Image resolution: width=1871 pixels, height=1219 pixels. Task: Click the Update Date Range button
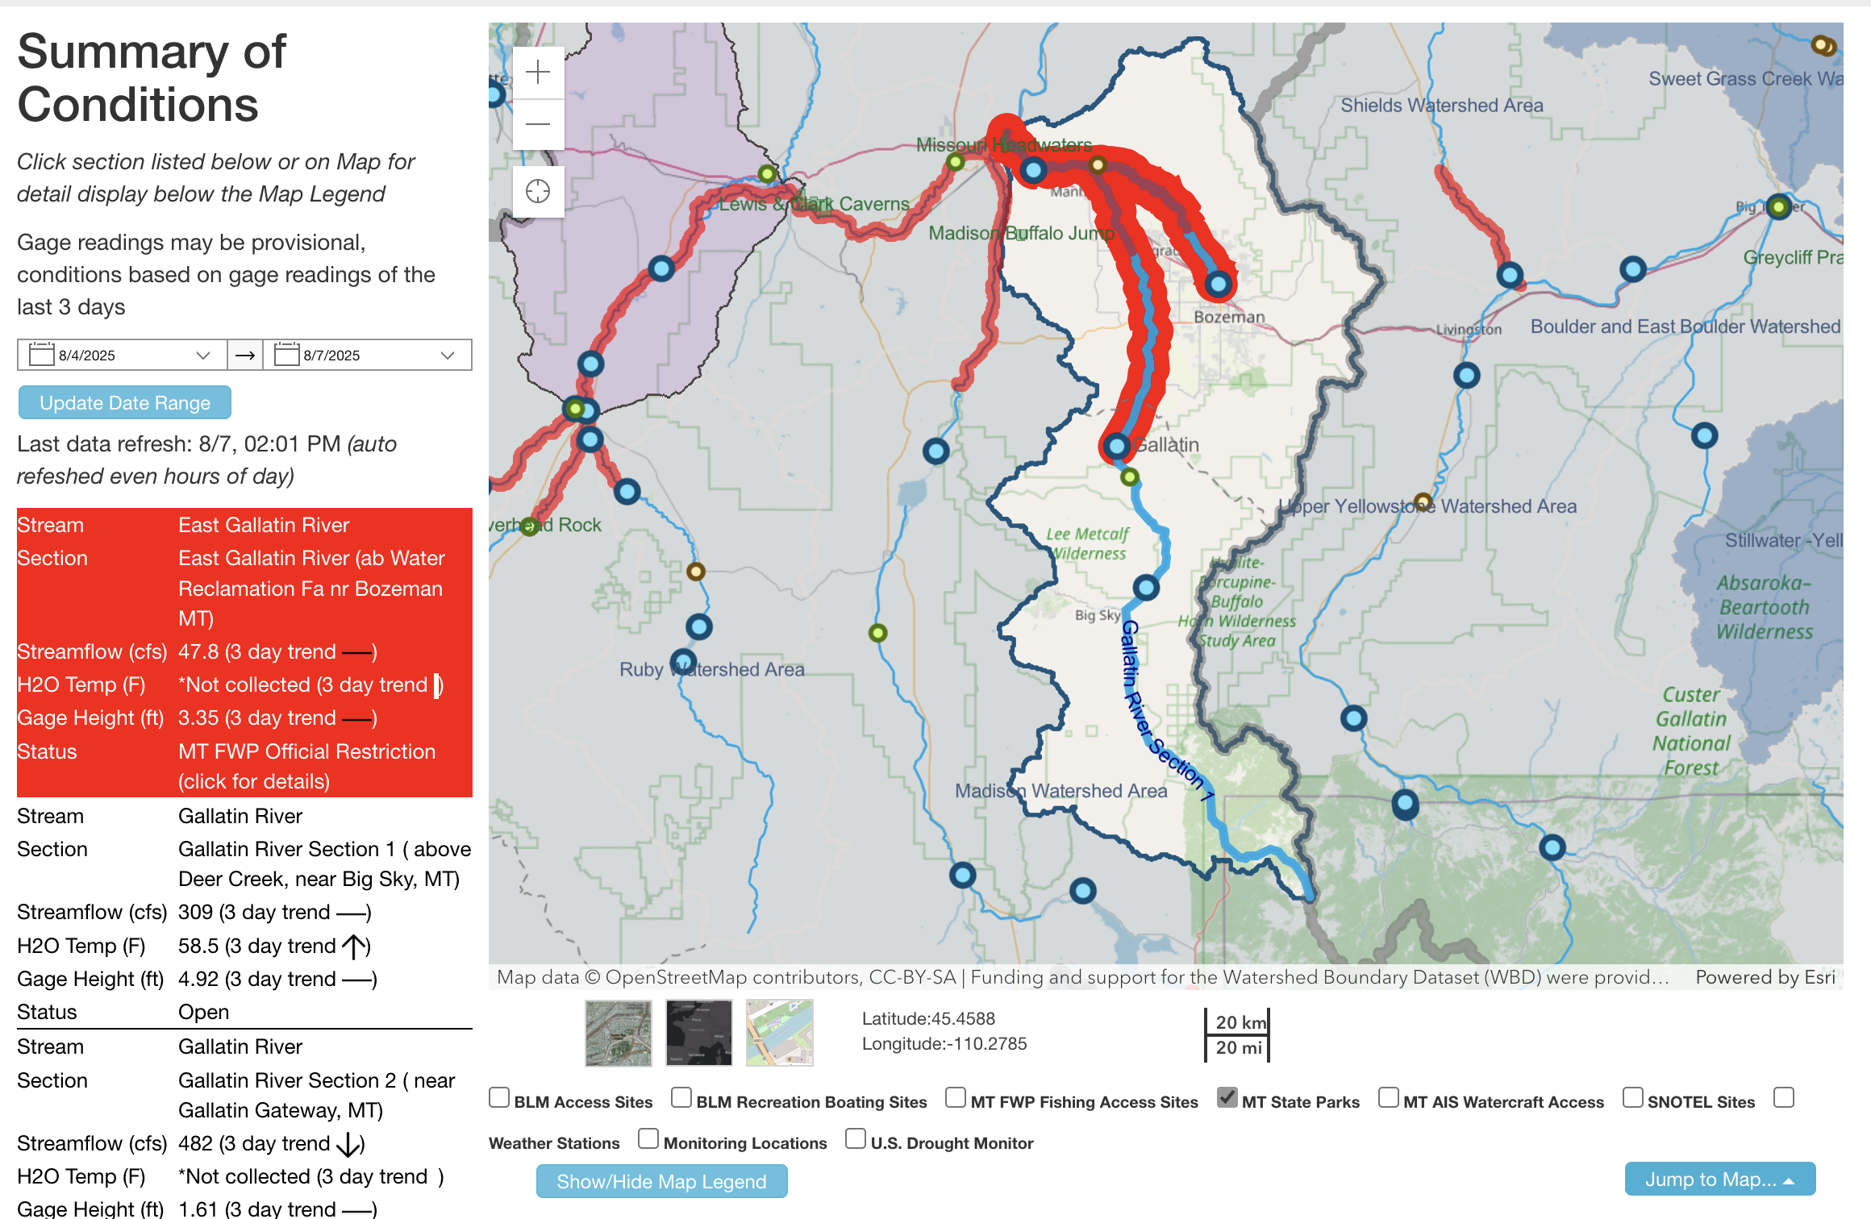tap(125, 402)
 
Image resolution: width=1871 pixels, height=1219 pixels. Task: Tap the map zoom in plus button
tap(538, 73)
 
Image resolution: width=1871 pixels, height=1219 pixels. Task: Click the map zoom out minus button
tap(538, 124)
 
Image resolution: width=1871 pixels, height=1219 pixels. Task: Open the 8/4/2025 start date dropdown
tap(202, 356)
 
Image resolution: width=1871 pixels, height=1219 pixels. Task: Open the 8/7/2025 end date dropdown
tap(448, 356)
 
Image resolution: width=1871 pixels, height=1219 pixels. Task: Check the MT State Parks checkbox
tap(1227, 1097)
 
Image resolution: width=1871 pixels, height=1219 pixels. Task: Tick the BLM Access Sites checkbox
tap(499, 1097)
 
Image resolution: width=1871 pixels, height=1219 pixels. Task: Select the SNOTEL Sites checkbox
tap(1632, 1097)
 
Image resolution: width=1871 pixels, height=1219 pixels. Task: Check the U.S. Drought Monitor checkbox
tap(855, 1138)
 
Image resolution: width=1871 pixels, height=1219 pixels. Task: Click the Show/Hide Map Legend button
tap(661, 1181)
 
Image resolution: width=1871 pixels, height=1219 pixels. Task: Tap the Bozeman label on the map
tap(1229, 317)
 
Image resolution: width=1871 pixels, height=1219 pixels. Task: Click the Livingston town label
tap(1469, 329)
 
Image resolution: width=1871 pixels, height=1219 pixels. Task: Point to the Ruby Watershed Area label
tap(711, 669)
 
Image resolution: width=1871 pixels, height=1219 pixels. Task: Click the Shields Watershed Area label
tap(1441, 106)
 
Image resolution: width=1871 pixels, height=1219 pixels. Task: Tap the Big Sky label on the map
tap(1097, 615)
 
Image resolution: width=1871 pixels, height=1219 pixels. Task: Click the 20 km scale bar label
tap(1240, 1022)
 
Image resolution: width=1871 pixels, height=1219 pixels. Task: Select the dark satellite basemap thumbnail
tap(698, 1033)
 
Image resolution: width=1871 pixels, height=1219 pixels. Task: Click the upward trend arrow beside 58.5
tap(354, 946)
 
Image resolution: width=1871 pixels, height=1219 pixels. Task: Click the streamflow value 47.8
tap(198, 651)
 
